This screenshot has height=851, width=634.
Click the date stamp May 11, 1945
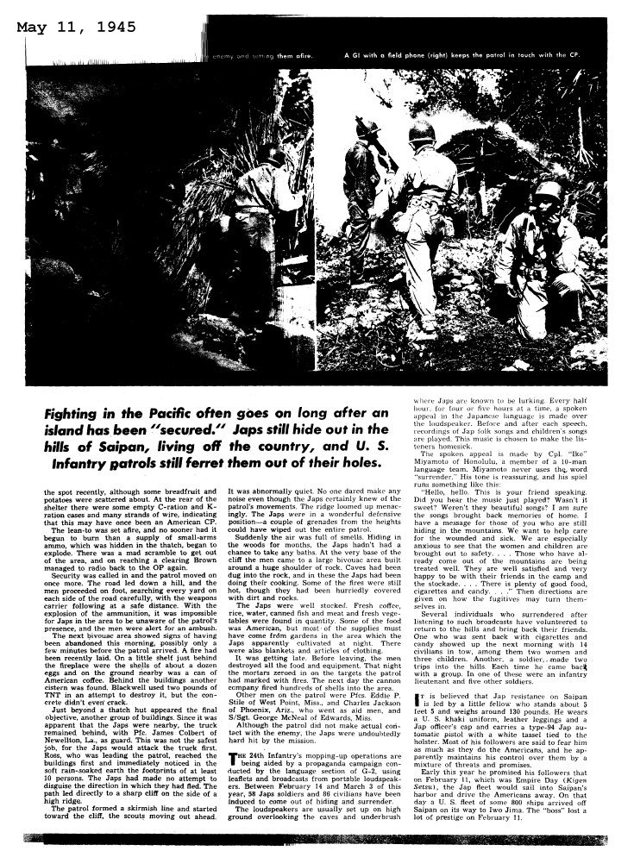pos(75,28)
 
